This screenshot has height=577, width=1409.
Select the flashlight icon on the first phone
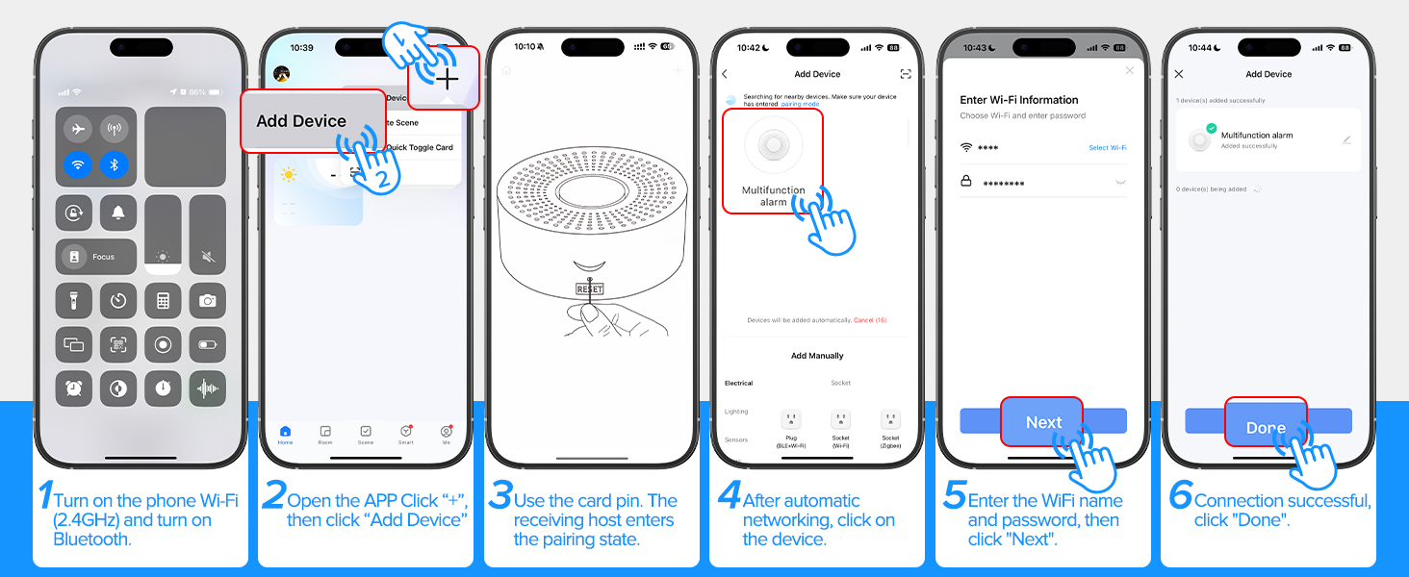point(74,300)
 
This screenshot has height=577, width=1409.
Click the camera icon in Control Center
point(207,300)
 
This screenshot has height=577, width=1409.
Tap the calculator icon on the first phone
point(163,300)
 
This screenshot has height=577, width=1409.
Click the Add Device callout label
point(301,121)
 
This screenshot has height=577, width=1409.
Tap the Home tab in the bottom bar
point(285,434)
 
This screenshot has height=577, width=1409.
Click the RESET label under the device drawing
point(589,288)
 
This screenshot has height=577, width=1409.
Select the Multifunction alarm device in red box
point(773,160)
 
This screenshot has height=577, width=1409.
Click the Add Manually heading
point(817,356)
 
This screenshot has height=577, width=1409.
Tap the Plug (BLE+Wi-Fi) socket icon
point(790,420)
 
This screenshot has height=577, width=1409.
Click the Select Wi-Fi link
point(1107,147)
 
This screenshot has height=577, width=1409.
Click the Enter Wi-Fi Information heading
point(1018,100)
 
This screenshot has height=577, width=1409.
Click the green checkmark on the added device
point(1212,129)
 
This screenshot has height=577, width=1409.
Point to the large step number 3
point(500,496)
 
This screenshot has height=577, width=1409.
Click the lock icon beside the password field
point(966,181)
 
